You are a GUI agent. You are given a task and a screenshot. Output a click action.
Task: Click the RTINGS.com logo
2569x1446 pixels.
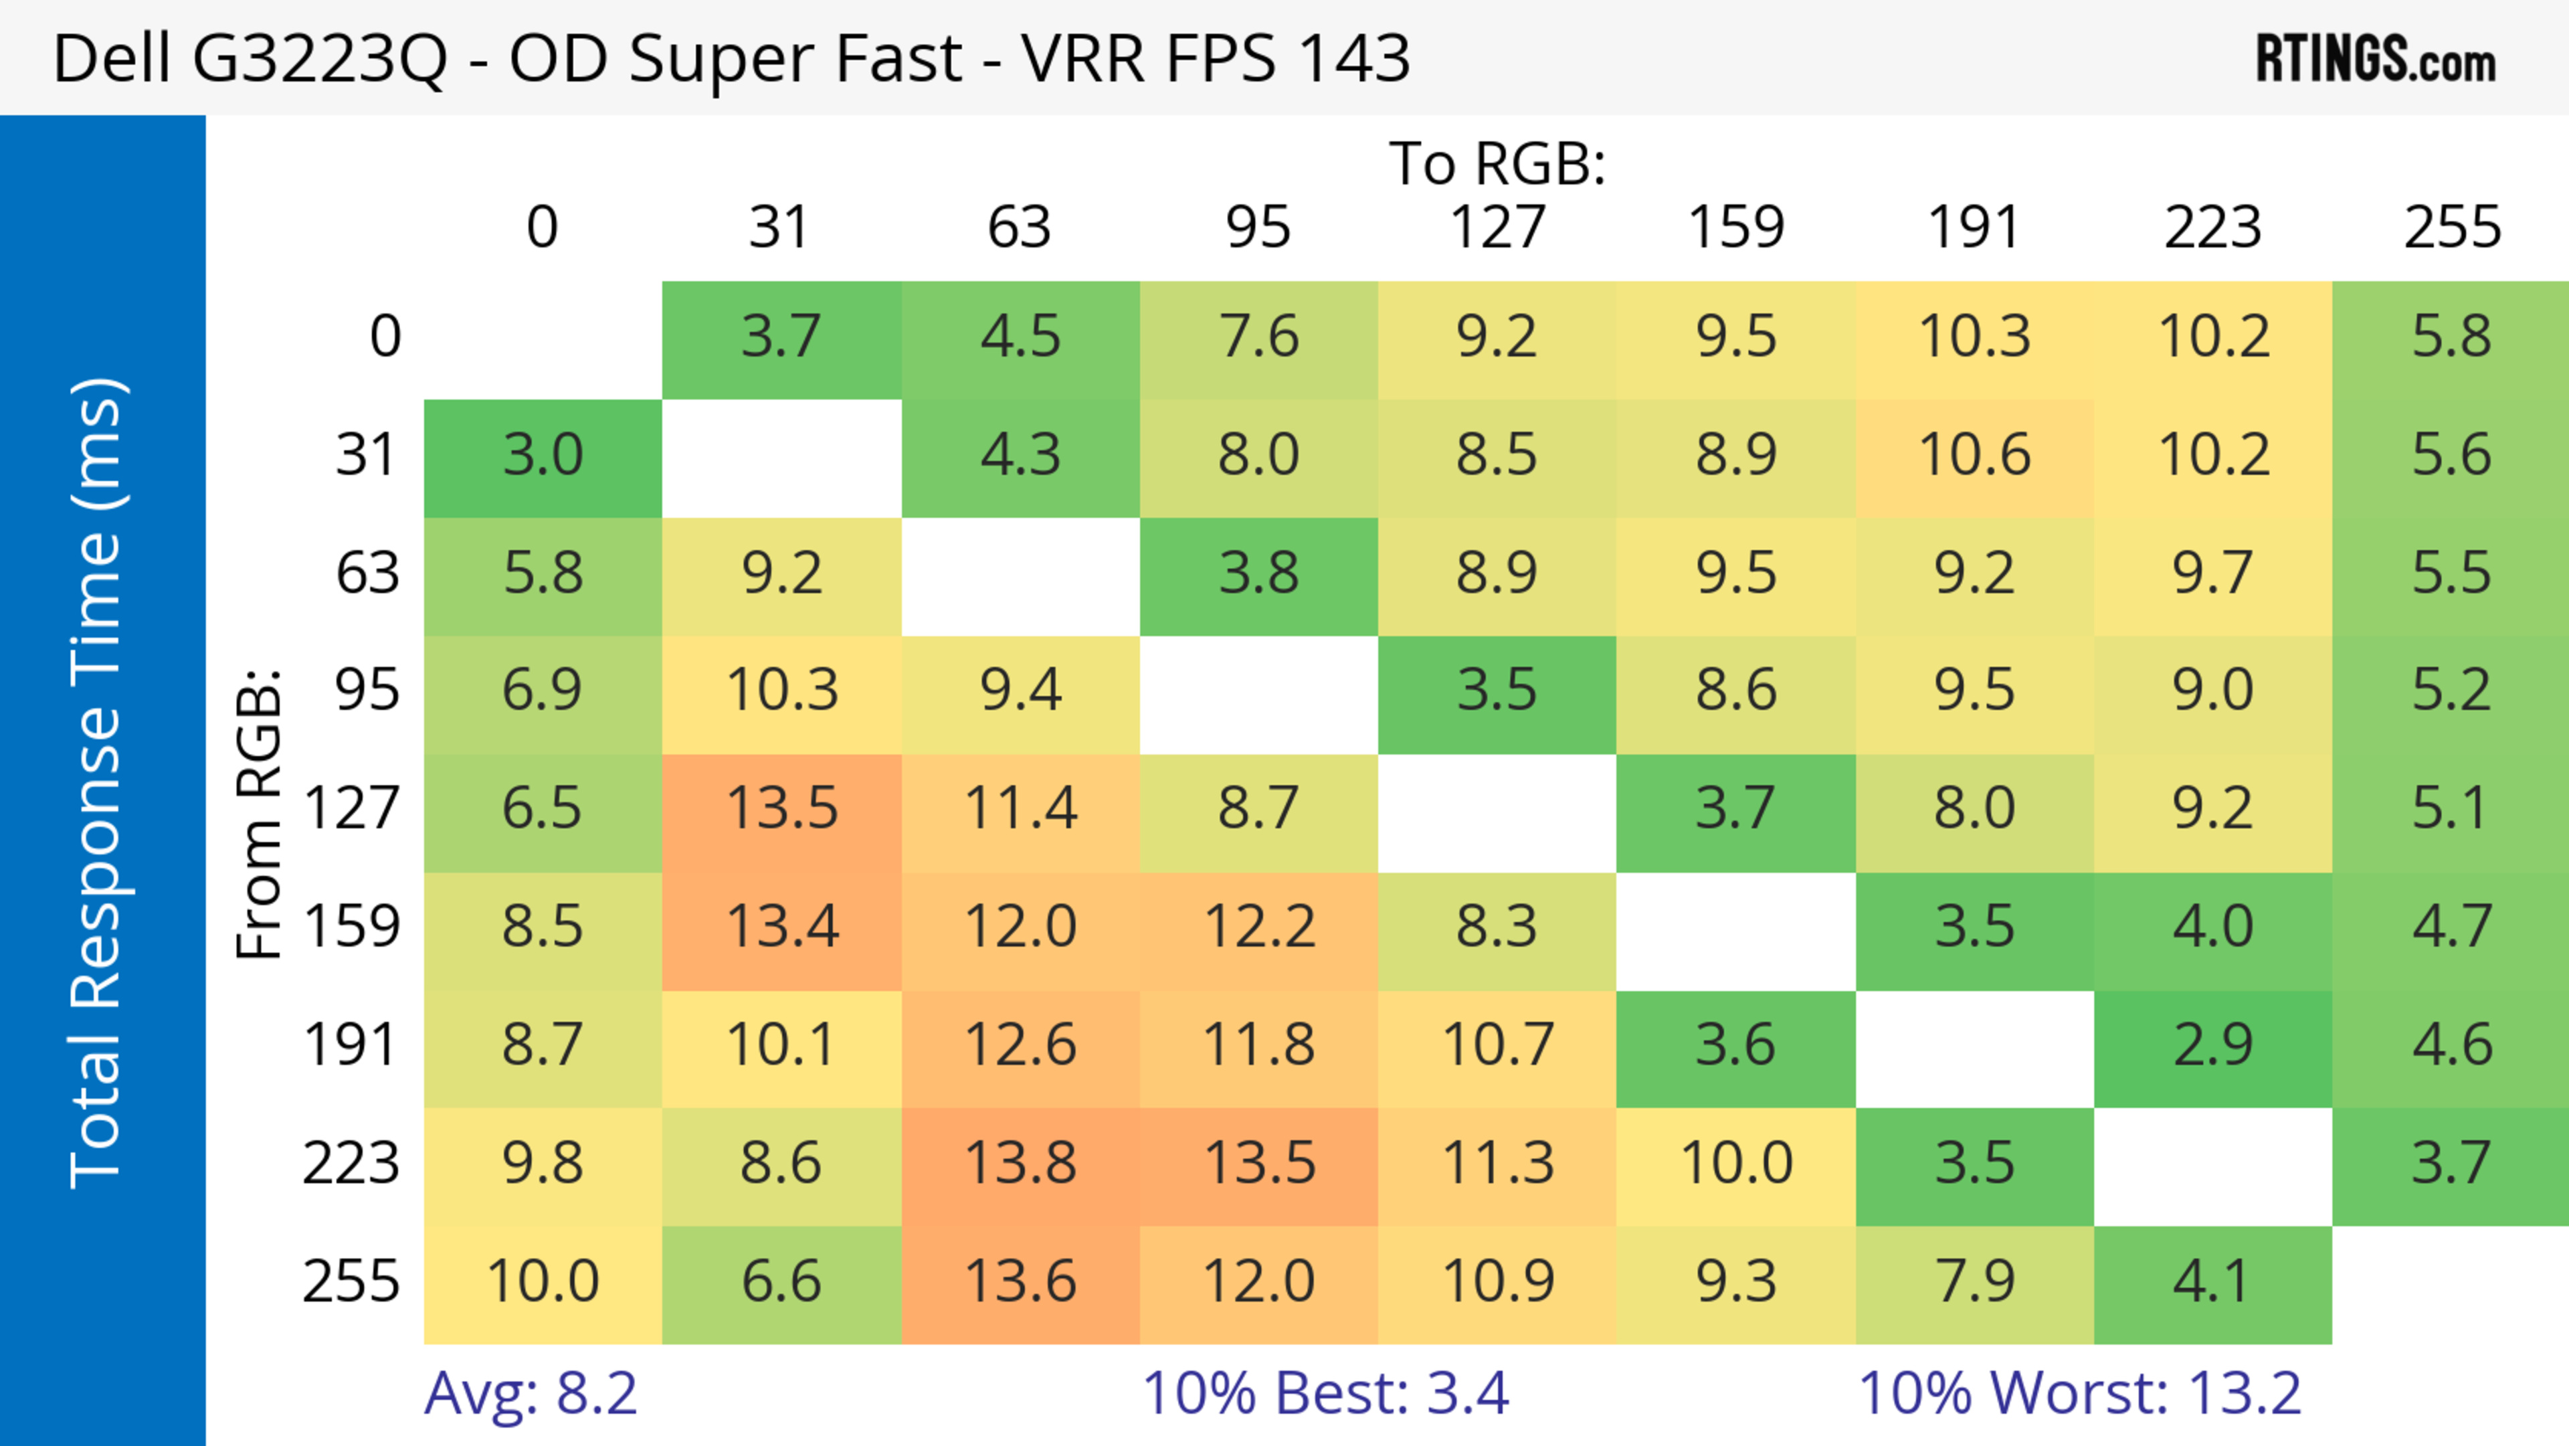[2376, 59]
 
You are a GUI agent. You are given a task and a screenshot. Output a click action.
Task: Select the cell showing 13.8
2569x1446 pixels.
[1020, 1164]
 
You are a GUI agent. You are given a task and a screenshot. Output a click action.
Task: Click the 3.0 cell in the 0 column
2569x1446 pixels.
[543, 456]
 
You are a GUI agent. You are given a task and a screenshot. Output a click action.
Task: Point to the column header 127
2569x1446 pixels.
[1497, 228]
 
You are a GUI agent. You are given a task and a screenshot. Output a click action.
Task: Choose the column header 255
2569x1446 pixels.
[2451, 228]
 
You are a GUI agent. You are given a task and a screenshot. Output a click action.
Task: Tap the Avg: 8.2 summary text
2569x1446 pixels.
[531, 1393]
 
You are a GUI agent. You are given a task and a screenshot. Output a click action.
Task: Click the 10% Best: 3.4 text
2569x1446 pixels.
[1325, 1393]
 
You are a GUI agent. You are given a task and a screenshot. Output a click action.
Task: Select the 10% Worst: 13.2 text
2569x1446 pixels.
[2079, 1393]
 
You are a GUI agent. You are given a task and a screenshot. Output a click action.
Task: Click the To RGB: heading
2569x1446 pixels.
[1497, 163]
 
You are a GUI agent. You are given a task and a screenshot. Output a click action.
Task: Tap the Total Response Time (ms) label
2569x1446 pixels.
[97, 783]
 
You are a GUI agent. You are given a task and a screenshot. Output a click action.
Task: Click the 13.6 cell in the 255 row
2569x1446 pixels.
[1020, 1281]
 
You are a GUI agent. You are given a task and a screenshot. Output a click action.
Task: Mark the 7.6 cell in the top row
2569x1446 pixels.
[1258, 337]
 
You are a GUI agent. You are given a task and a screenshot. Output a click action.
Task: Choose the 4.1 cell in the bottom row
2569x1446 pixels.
[2213, 1281]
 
